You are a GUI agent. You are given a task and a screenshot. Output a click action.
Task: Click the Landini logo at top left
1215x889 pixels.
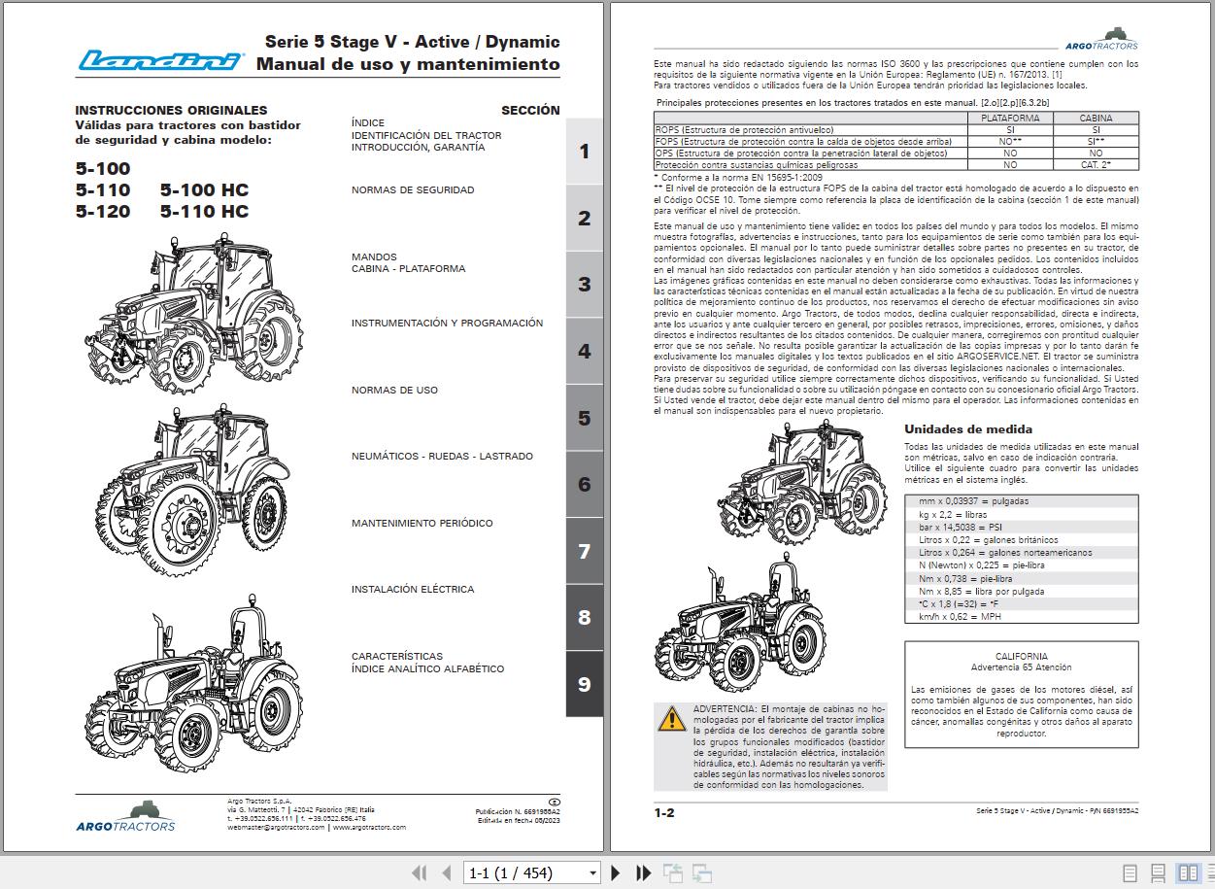(x=160, y=61)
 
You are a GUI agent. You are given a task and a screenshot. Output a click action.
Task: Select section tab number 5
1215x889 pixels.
(x=584, y=418)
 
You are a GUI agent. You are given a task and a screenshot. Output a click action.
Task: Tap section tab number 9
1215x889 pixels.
(x=584, y=684)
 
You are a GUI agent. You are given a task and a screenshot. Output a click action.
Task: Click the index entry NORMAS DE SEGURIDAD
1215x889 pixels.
(x=413, y=190)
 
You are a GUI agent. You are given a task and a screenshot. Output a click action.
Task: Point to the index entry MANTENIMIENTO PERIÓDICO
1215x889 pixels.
(x=422, y=524)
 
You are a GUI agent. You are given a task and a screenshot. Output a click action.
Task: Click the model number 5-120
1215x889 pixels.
(x=103, y=211)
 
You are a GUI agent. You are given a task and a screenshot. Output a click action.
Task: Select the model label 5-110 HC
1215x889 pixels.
(x=204, y=211)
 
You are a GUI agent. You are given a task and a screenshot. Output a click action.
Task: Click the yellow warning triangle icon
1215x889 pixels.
(x=671, y=719)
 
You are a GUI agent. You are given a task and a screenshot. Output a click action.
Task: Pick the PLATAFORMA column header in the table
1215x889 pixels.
(x=1010, y=119)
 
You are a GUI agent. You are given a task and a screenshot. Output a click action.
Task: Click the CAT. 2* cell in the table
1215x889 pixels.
(x=1096, y=165)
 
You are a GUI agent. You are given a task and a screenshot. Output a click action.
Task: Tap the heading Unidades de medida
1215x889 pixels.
(x=955, y=429)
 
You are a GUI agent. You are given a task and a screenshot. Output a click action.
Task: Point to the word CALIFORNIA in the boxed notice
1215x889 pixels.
(x=1021, y=657)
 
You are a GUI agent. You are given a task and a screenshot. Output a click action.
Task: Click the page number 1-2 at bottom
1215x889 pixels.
(x=664, y=812)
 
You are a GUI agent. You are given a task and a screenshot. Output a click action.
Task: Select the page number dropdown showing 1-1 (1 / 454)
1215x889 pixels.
(x=532, y=873)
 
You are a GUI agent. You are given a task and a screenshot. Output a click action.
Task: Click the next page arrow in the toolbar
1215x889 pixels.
(x=616, y=873)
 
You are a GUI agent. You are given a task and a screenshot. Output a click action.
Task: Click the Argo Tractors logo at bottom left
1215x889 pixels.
(x=126, y=816)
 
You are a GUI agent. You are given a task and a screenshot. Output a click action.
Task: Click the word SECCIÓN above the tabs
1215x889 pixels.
(x=530, y=111)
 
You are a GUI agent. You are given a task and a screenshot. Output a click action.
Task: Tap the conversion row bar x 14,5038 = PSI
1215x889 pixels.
(x=954, y=527)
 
